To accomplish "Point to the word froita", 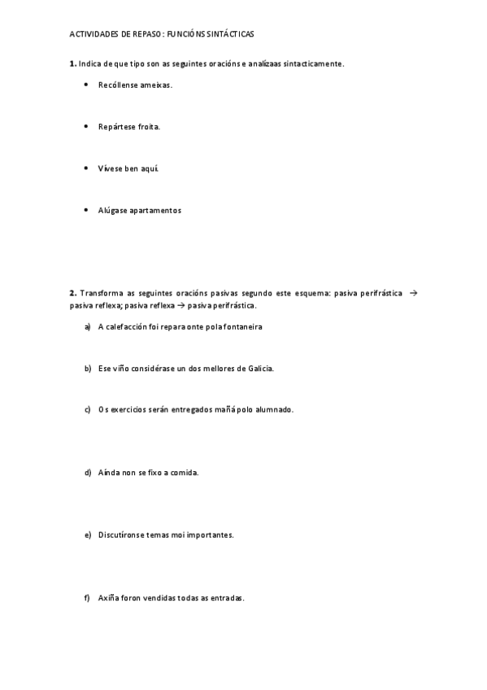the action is (149, 126).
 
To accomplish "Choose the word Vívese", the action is (110, 168).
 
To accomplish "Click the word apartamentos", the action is (155, 210).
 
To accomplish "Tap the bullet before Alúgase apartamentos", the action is (86, 210).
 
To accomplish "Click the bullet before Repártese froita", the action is (86, 126).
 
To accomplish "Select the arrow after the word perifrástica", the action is (413, 293).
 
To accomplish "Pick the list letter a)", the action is (87, 326).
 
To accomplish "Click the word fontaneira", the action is (242, 326).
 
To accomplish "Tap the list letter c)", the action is (87, 409).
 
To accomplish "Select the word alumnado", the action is (274, 409).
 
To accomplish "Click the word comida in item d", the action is (183, 472).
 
